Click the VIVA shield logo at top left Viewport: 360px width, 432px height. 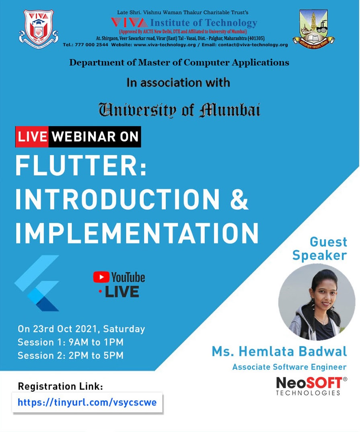pos(39,29)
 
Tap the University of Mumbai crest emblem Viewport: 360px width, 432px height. pos(314,29)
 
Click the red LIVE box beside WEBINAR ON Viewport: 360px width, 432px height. pos(32,137)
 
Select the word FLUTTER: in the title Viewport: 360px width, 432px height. pos(81,166)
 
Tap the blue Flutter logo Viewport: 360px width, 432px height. pos(37,283)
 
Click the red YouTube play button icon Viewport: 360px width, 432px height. pos(101,277)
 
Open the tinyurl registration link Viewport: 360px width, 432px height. pos(87,402)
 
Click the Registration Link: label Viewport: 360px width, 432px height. pos(60,386)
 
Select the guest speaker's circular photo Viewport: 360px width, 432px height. pos(317,302)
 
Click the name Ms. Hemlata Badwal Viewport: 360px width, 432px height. pos(279,352)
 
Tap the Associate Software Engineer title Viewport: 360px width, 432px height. pos(289,367)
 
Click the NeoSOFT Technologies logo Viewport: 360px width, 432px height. pos(311,386)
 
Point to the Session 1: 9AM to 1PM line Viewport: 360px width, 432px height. pos(71,342)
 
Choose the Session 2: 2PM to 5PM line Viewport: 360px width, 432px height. pos(71,355)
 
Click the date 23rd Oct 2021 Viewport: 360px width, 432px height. pos(66,329)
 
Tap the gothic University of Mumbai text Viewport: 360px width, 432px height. pos(179,110)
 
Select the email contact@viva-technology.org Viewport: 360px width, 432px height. pos(253,45)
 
